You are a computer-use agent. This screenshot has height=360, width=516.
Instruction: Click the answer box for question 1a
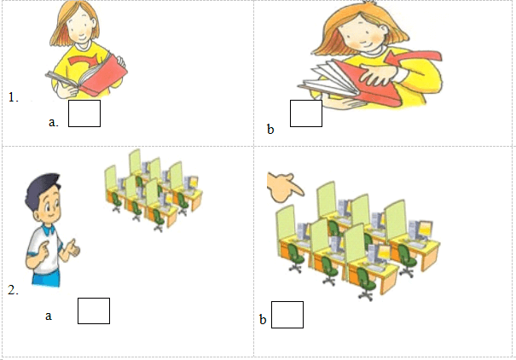click(84, 113)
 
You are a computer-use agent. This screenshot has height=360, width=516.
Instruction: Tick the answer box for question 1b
click(306, 113)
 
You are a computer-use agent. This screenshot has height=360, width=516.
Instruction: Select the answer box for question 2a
click(94, 311)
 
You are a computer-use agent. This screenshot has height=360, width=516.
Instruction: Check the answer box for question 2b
click(287, 315)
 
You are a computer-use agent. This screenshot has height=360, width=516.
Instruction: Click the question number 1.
click(13, 97)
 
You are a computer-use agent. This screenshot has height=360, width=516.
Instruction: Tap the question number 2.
click(13, 290)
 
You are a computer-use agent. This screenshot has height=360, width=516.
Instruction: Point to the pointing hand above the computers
click(285, 187)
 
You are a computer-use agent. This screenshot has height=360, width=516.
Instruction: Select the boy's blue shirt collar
click(46, 229)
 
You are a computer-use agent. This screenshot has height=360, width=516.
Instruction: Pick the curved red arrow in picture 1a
click(83, 61)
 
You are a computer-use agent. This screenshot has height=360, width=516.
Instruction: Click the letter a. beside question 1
click(54, 122)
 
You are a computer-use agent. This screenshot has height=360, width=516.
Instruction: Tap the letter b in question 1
click(270, 130)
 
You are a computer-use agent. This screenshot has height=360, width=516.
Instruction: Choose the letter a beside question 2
click(49, 316)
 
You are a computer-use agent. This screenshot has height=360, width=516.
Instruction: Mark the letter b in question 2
click(263, 319)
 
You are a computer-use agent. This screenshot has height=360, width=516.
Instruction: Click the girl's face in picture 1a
click(80, 27)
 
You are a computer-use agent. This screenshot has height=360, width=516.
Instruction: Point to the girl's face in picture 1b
click(362, 34)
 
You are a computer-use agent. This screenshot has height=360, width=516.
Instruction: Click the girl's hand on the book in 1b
click(378, 75)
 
